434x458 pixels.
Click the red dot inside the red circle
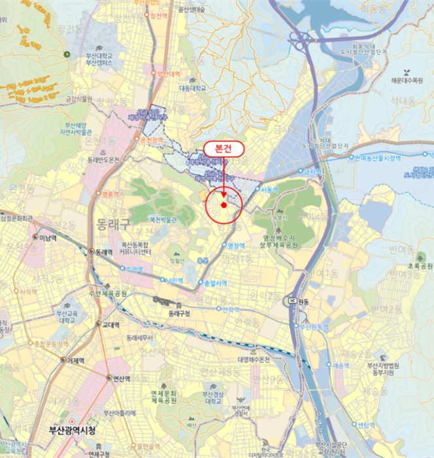224,205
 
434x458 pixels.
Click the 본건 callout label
224,149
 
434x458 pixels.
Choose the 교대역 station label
107,324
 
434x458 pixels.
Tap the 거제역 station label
76,360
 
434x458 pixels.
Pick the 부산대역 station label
167,74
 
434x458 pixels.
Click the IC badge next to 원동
293,300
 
